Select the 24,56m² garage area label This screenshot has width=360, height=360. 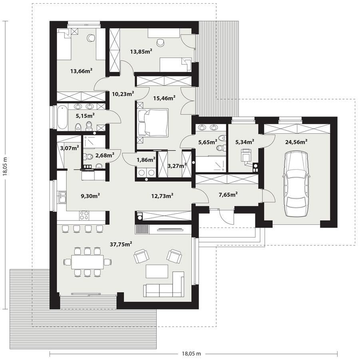point(296,141)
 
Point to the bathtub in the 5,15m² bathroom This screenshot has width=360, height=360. point(62,117)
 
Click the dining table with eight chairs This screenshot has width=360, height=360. point(87,262)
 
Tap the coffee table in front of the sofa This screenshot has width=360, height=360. point(157,272)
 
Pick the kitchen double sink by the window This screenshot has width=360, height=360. point(62,197)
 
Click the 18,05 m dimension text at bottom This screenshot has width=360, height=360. point(191,354)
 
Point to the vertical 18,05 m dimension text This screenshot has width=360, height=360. point(5,164)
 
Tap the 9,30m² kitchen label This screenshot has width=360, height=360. point(90,196)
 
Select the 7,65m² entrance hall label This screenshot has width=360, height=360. point(228,194)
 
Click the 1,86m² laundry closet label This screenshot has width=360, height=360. point(146,160)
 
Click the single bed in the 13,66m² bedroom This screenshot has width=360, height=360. point(64,44)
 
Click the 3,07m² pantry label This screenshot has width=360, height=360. point(69,148)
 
